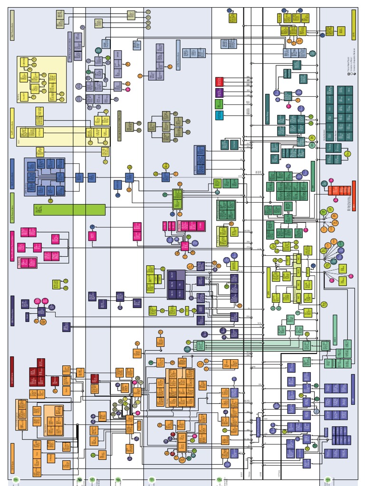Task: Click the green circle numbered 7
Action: point(16,480)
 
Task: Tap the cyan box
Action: point(219,115)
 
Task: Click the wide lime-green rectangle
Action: point(69,209)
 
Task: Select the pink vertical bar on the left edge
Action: point(12,246)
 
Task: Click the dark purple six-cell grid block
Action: point(176,285)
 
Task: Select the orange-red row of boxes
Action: point(339,190)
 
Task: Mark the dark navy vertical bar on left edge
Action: point(12,310)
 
